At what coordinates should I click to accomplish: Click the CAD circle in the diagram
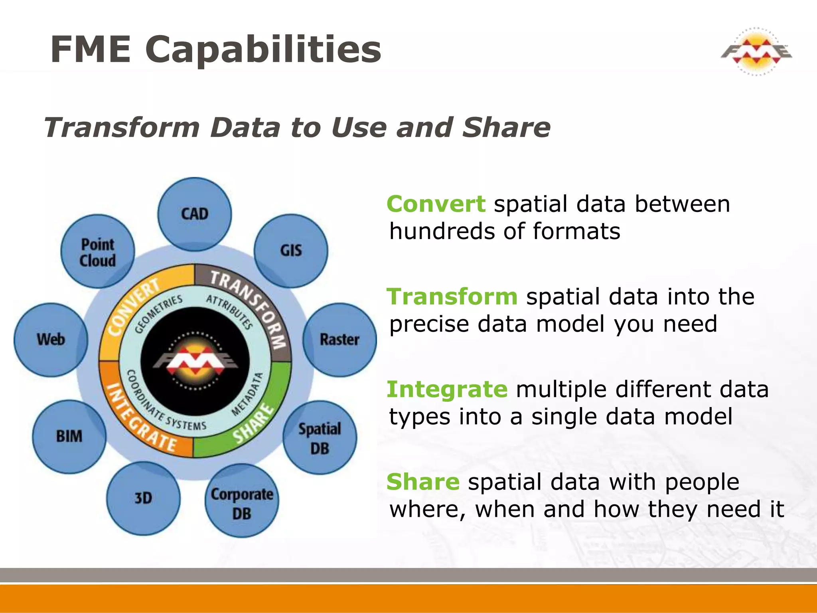(x=194, y=214)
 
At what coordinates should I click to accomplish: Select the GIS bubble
(x=291, y=251)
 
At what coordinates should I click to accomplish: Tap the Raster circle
(x=339, y=340)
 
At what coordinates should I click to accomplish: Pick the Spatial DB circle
(x=320, y=438)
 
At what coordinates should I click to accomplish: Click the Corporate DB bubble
(x=242, y=501)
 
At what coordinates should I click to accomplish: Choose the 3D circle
(x=143, y=498)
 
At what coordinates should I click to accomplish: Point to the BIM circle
(x=69, y=437)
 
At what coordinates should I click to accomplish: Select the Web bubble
(x=51, y=340)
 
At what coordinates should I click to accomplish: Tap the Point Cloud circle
(x=98, y=251)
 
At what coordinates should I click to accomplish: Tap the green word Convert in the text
(x=436, y=204)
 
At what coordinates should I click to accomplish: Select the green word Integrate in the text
(x=447, y=389)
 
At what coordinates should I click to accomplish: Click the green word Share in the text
(x=423, y=482)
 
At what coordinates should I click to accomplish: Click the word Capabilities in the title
(x=263, y=49)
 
